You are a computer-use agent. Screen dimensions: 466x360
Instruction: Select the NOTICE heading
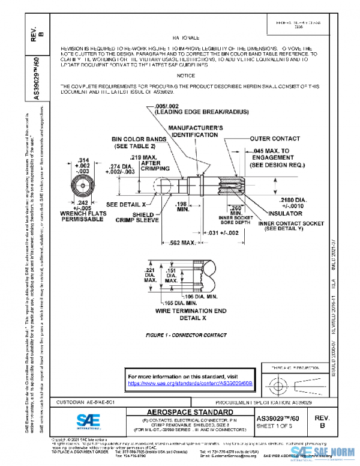[185, 76]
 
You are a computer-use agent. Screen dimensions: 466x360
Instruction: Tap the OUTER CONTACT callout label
[275, 138]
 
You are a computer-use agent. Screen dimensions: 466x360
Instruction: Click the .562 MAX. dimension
[181, 243]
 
